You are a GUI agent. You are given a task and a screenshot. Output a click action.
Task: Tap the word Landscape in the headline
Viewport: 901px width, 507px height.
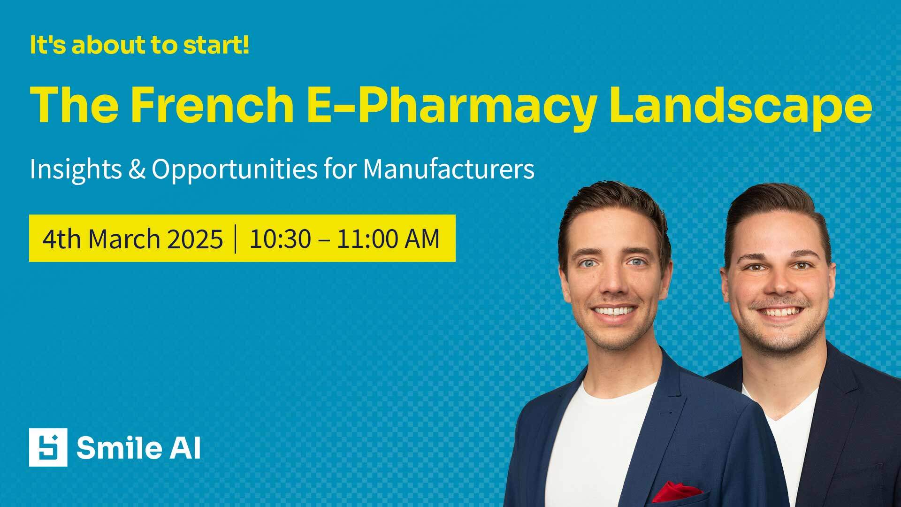click(740, 106)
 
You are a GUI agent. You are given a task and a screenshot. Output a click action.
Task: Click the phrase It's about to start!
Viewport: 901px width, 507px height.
click(139, 45)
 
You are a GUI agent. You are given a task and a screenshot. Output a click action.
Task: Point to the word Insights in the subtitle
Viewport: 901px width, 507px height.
click(76, 169)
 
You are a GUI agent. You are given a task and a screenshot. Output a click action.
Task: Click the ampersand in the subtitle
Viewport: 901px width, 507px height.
click(137, 169)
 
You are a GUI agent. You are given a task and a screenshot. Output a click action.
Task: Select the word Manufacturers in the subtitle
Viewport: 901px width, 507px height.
click(449, 169)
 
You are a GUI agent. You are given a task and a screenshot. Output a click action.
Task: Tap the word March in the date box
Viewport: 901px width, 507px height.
click(124, 239)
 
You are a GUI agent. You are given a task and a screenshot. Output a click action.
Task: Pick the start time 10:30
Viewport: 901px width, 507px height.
click(280, 239)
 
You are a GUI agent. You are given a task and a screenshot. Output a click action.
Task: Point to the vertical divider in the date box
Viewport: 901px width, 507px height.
click(236, 239)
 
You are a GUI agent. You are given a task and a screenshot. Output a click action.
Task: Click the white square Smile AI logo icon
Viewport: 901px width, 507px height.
click(48, 447)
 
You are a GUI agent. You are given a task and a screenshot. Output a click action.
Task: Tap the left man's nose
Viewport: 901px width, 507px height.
click(613, 282)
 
